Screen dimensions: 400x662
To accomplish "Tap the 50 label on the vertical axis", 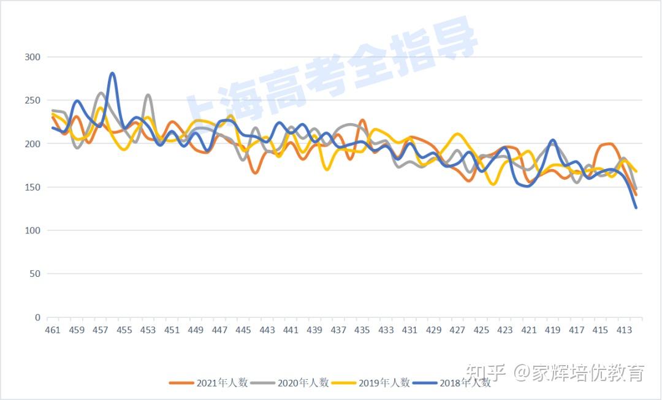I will click(36, 274).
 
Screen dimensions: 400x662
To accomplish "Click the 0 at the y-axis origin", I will click(38, 317).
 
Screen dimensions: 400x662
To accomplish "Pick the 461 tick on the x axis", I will click(53, 330).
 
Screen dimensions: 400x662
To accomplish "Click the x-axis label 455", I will click(124, 330).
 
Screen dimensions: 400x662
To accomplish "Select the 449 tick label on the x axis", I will click(196, 330).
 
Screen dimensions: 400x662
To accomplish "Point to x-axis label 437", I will click(338, 330).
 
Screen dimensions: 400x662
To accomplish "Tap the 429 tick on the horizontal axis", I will click(434, 330).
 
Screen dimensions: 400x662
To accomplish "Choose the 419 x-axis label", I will click(553, 330).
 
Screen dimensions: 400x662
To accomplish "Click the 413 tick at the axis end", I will click(624, 330).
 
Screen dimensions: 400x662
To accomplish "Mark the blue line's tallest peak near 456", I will click(112, 74).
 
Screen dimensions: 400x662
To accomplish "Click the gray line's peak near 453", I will click(148, 95).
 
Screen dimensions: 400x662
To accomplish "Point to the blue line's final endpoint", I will click(636, 208).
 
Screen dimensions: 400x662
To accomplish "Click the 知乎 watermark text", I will click(486, 372).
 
